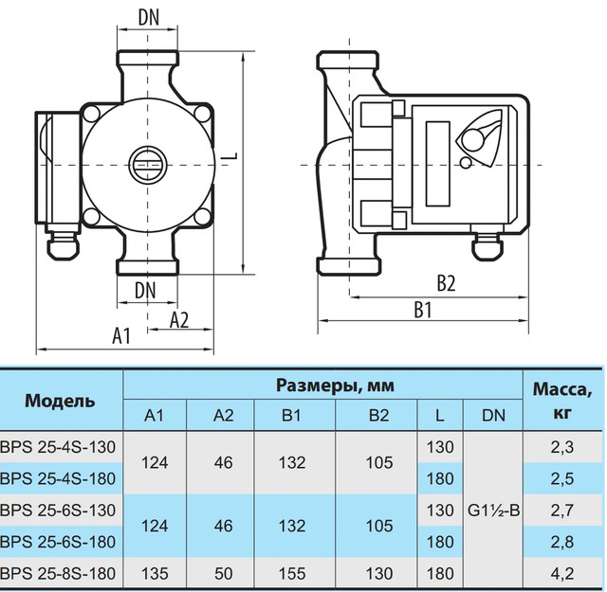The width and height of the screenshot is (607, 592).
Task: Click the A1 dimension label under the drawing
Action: [121, 335]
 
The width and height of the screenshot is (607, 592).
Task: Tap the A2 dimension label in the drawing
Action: [179, 320]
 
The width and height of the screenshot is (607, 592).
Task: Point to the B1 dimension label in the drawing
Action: [423, 310]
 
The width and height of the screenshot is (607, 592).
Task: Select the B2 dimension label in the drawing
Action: [446, 283]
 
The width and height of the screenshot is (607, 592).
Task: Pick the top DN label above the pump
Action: [149, 17]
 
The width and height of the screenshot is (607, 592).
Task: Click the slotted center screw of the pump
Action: [148, 166]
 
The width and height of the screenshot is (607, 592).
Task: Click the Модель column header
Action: [60, 401]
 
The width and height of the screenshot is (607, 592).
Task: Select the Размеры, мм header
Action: [335, 386]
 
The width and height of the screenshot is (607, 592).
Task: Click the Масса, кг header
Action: [562, 401]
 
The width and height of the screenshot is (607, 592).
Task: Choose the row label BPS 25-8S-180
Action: [58, 573]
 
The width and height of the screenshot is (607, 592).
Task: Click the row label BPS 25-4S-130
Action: [58, 447]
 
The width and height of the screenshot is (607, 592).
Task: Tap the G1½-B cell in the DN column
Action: [493, 511]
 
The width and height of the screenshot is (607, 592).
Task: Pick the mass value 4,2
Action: [562, 573]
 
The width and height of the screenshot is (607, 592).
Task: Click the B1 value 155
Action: [292, 573]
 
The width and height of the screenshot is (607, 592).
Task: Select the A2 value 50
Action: [224, 573]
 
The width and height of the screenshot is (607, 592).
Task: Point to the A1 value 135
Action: [155, 573]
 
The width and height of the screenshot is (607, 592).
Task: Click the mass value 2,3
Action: [562, 447]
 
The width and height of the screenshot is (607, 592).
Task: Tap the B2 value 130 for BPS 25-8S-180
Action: [379, 573]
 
